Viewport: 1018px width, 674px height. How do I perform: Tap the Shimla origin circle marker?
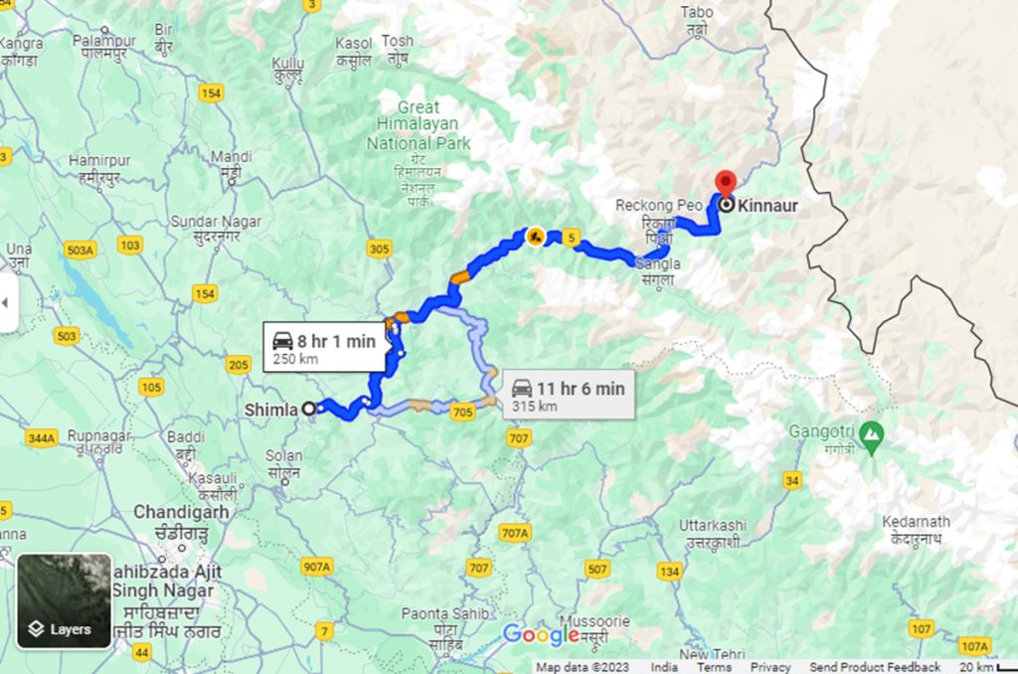click(x=309, y=408)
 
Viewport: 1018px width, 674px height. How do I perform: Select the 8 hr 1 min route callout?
click(x=325, y=347)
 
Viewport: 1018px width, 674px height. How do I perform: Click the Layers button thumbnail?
click(x=64, y=601)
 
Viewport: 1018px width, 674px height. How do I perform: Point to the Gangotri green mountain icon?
click(x=871, y=433)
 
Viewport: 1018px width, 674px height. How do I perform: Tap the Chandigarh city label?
click(x=181, y=512)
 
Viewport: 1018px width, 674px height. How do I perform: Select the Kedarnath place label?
click(x=917, y=521)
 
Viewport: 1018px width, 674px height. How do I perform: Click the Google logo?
click(x=540, y=633)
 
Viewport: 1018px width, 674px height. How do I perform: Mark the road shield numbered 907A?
click(x=317, y=566)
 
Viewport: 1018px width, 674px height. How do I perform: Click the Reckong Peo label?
click(x=658, y=205)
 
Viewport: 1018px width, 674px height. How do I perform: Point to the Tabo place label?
click(x=697, y=12)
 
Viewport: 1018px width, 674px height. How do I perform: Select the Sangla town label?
click(x=659, y=263)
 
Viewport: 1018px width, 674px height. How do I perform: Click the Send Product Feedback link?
click(x=875, y=667)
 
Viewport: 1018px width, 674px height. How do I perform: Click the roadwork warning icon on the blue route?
click(x=535, y=237)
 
